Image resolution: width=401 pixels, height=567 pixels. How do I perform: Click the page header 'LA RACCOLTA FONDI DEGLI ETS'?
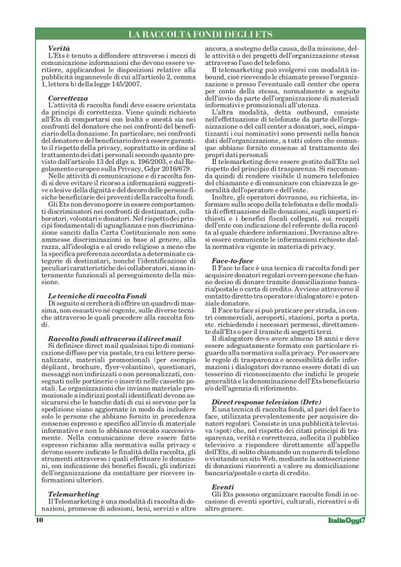click(200, 35)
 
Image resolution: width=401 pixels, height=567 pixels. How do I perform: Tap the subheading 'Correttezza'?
click(68, 98)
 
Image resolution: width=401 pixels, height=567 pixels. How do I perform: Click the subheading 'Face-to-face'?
click(232, 261)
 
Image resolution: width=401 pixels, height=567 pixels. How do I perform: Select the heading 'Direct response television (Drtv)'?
click(265, 420)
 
